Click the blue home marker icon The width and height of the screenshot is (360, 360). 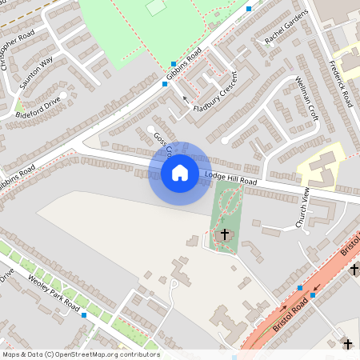(179, 172)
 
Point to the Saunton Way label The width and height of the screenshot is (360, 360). (36, 71)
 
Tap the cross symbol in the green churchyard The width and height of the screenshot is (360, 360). (224, 235)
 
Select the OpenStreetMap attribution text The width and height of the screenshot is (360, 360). (80, 354)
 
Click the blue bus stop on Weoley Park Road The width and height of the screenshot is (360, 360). (84, 315)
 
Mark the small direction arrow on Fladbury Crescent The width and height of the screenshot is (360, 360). (186, 98)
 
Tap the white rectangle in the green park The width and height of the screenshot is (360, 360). (156, 7)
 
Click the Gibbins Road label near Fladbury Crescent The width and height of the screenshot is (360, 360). (186, 66)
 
